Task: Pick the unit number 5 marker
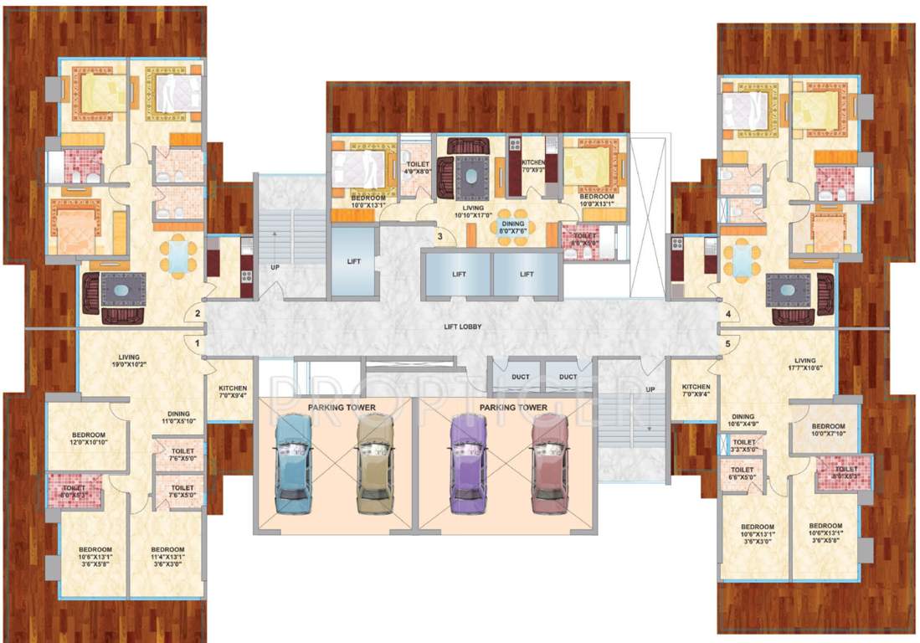pos(728,342)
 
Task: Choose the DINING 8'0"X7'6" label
pos(512,229)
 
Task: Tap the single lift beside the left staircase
pos(353,262)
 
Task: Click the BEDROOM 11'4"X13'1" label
pos(168,554)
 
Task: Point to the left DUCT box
pos(521,377)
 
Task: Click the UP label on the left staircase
pos(275,268)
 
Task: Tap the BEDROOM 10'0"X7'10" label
pos(828,430)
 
